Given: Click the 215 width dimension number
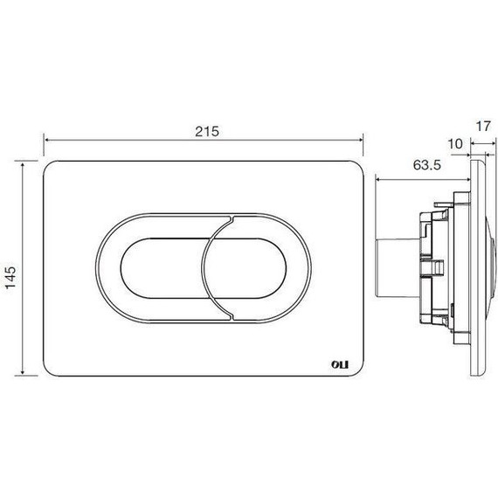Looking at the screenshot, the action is coord(207,131).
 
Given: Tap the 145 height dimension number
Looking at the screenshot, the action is coord(10,278).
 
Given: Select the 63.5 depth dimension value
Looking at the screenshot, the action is coord(427,165).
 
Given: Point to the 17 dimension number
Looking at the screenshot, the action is coord(483,126).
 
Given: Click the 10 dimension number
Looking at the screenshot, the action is coord(455,144).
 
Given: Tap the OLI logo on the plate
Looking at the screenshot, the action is coord(340,364).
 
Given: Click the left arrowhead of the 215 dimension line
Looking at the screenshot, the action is coord(46,140).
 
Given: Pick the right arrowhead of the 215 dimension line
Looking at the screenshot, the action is coord(360,140).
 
